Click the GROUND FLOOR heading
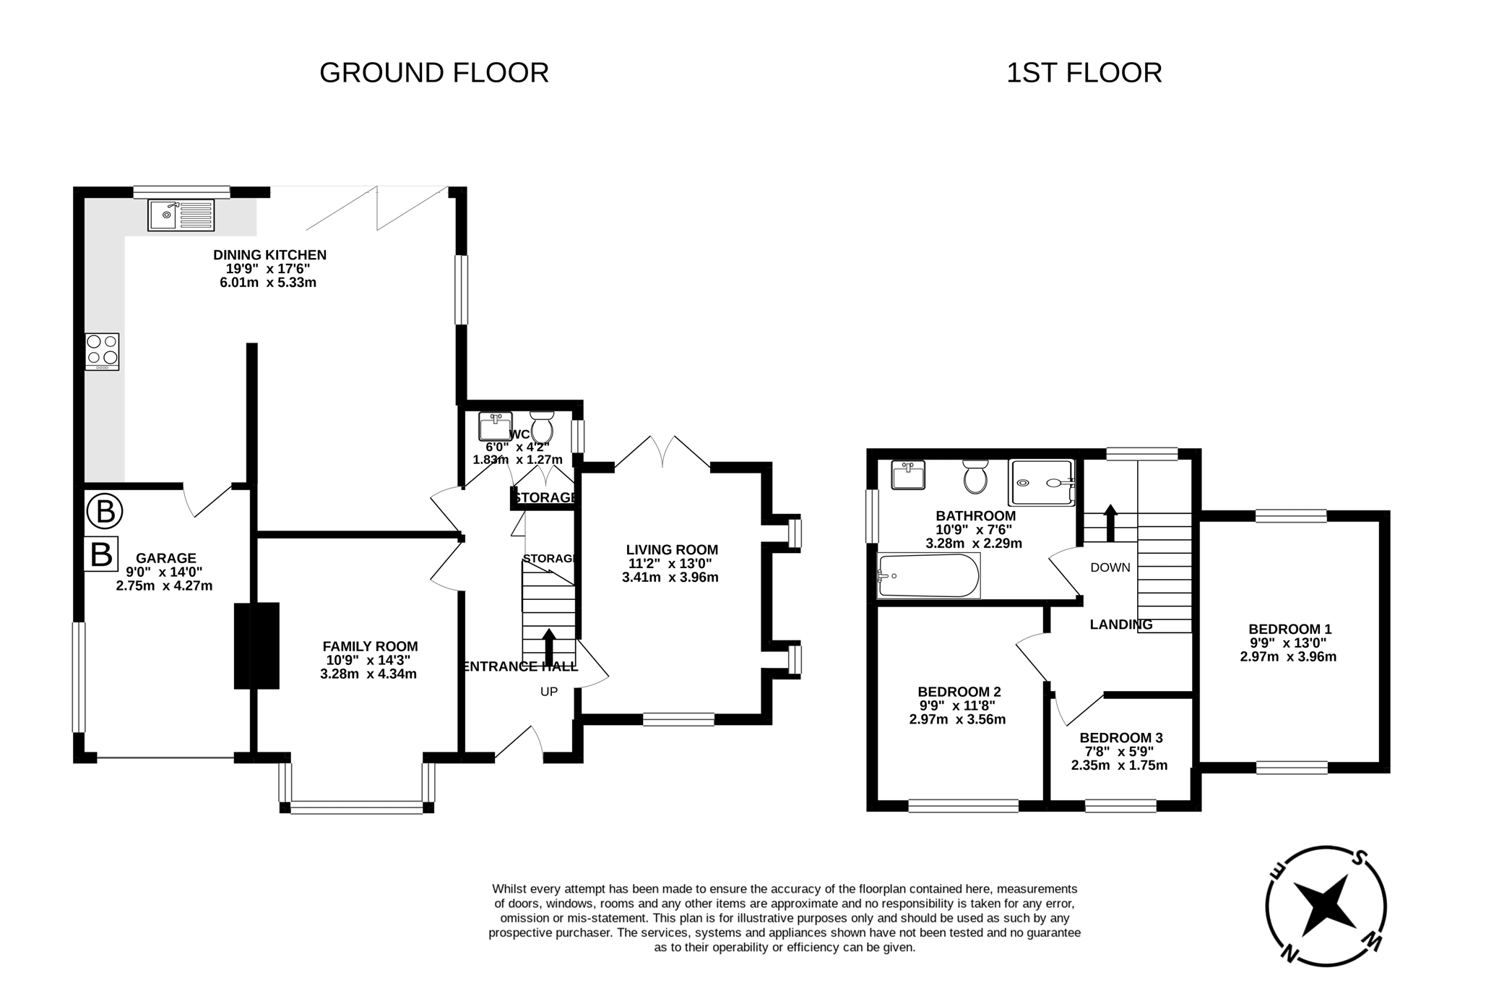(433, 73)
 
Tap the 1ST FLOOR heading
(1084, 73)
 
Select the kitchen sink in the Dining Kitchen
(181, 215)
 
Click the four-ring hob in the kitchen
(102, 351)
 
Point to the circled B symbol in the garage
(105, 512)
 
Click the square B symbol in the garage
(101, 554)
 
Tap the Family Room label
(370, 646)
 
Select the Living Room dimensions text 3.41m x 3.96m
(670, 578)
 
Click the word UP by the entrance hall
(549, 692)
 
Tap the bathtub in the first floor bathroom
(928, 576)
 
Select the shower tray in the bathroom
(1042, 483)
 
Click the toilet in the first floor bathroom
(975, 477)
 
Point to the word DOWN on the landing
(1110, 567)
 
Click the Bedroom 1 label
(1290, 630)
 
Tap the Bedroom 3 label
(1120, 738)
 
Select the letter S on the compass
(1360, 859)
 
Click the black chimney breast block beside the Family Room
(256, 645)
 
